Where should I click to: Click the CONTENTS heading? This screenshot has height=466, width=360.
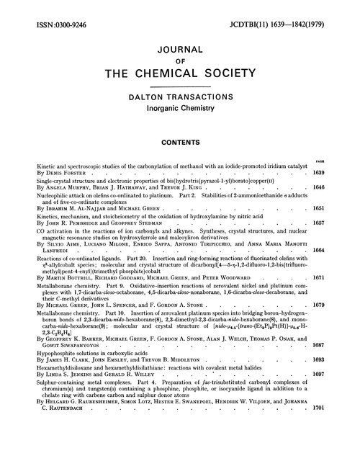coord(180,153)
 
